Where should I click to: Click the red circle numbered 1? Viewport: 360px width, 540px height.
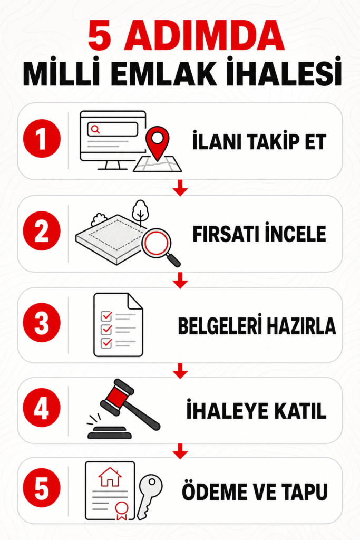(42, 139)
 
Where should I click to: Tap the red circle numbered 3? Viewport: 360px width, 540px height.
(42, 323)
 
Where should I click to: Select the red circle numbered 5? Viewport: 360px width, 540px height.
(42, 488)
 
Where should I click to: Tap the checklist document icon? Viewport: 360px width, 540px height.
(118, 325)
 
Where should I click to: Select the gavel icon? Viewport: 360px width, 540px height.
(124, 409)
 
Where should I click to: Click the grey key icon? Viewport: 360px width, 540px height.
(150, 497)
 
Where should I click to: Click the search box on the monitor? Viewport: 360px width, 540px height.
(113, 130)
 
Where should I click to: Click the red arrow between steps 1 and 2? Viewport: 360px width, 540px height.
(180, 188)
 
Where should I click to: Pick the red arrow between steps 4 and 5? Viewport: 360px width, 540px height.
(180, 451)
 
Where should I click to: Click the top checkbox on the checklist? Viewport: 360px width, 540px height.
(106, 316)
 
